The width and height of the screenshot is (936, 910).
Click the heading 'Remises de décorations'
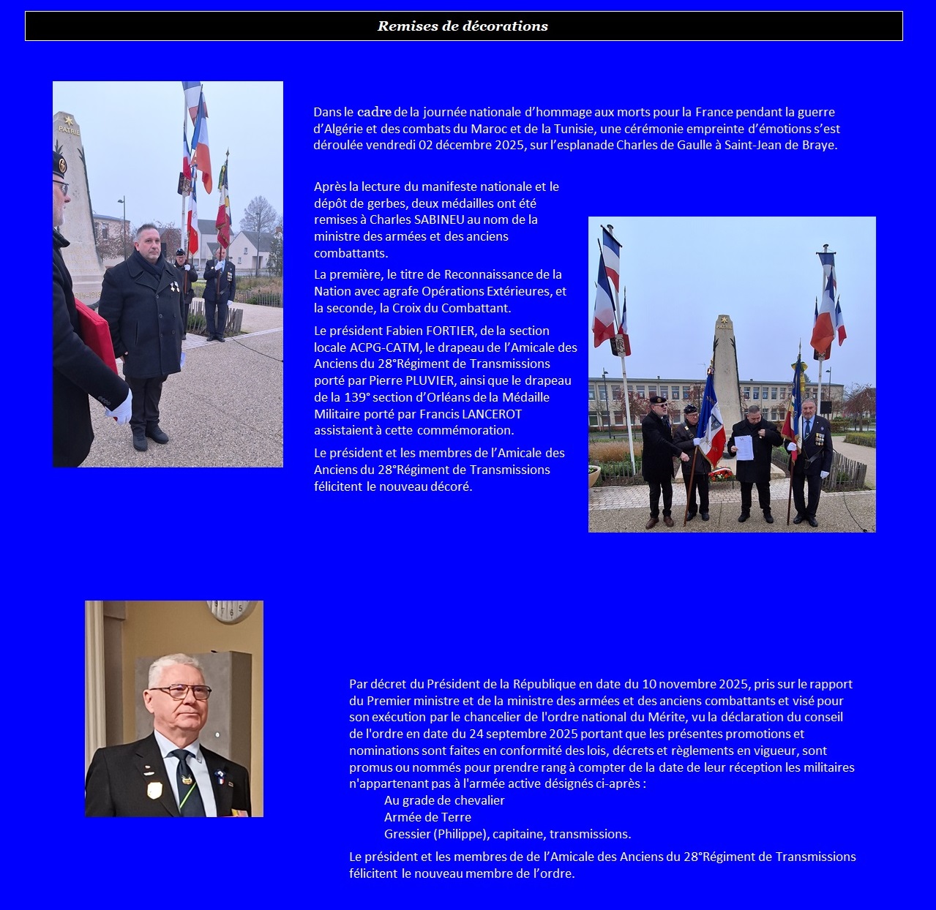click(x=463, y=26)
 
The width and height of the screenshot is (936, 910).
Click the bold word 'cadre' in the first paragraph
click(x=374, y=112)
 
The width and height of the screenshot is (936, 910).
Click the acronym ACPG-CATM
click(x=386, y=347)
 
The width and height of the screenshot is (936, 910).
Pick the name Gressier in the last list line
click(x=407, y=834)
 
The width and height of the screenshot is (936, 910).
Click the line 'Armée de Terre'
click(x=427, y=817)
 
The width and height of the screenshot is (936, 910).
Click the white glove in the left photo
click(x=121, y=407)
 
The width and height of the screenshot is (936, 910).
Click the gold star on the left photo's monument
click(x=69, y=119)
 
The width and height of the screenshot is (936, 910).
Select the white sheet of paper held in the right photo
click(x=744, y=447)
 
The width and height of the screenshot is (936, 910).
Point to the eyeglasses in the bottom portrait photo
click(x=181, y=691)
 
